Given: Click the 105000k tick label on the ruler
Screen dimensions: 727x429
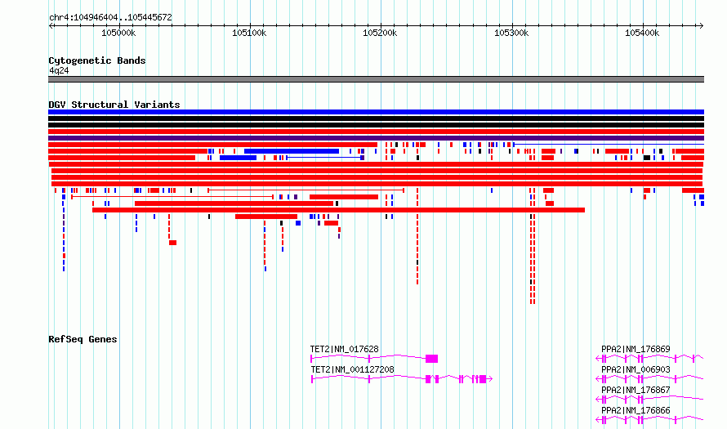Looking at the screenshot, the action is pyautogui.click(x=118, y=33).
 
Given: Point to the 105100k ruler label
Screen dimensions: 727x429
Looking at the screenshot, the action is pyautogui.click(x=249, y=33).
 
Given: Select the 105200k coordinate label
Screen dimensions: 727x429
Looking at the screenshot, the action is pyautogui.click(x=380, y=33).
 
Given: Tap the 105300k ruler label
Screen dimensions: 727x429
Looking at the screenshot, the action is pyautogui.click(x=511, y=33).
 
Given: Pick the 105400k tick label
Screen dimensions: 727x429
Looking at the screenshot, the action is pyautogui.click(x=642, y=33).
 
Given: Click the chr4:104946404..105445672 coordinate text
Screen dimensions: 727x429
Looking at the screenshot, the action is pyautogui.click(x=110, y=18).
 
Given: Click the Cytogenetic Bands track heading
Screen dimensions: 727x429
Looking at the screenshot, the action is pyautogui.click(x=97, y=60).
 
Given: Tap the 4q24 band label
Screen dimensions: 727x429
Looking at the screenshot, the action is pyautogui.click(x=59, y=71).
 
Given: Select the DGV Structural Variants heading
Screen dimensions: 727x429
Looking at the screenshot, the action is pyautogui.click(x=114, y=105).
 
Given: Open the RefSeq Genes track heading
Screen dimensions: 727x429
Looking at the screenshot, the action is pyautogui.click(x=83, y=339).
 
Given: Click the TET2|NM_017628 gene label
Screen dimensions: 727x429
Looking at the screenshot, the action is pyautogui.click(x=344, y=349).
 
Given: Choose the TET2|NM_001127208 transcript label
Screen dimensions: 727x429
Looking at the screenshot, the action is pyautogui.click(x=352, y=369).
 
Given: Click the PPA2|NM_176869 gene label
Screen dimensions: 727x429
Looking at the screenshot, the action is pyautogui.click(x=636, y=349).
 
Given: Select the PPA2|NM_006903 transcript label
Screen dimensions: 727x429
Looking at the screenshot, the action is pyautogui.click(x=636, y=369).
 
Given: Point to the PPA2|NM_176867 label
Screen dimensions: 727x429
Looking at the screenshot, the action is pyautogui.click(x=636, y=390).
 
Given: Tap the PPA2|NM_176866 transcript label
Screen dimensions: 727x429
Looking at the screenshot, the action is pyautogui.click(x=636, y=410).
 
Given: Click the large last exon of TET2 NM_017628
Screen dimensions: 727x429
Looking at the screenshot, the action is pyautogui.click(x=431, y=359).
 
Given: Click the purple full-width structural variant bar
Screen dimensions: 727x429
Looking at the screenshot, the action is pyautogui.click(x=376, y=138).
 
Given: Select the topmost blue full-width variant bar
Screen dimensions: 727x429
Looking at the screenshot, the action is pyautogui.click(x=376, y=112).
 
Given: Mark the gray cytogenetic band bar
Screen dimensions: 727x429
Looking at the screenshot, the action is pyautogui.click(x=376, y=79).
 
